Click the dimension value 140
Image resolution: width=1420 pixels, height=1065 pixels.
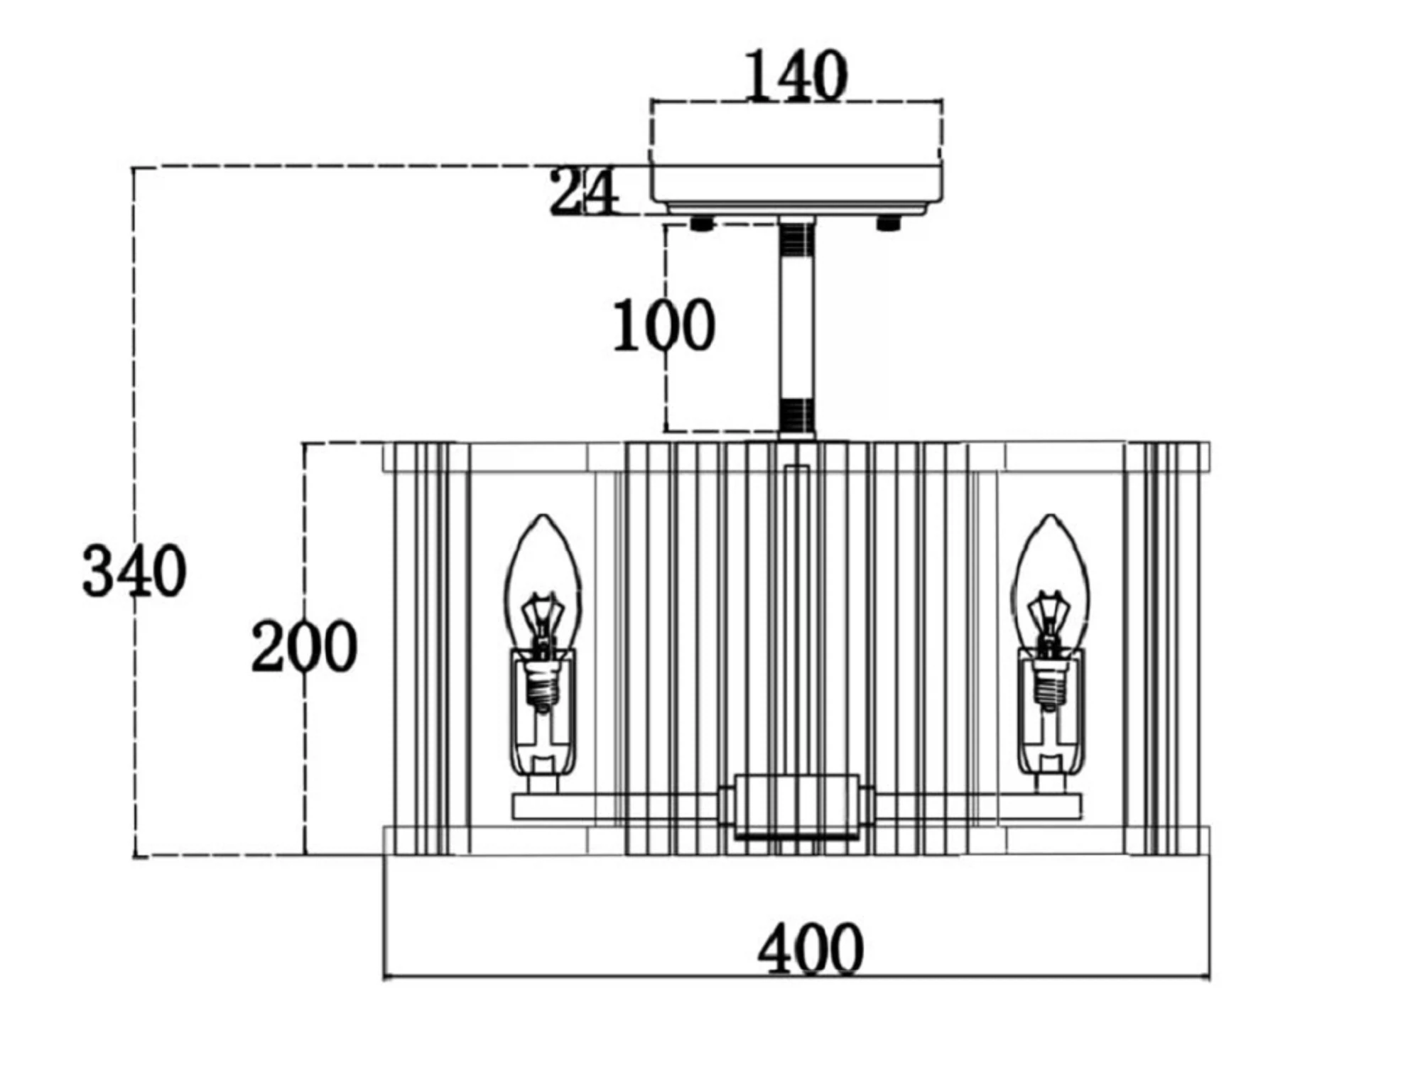coord(796,75)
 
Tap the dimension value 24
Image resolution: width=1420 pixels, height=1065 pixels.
coord(584,192)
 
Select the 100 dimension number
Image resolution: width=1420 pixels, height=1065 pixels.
coord(663,325)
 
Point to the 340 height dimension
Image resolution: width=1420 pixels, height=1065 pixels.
coord(134,571)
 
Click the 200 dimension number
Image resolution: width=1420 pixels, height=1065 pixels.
coord(304,646)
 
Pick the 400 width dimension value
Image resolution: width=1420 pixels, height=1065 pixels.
coord(811,949)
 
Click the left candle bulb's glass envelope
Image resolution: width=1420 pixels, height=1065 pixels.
coord(543,582)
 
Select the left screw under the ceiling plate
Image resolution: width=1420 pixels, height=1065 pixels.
coord(702,224)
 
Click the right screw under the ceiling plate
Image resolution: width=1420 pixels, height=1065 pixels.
coord(889,224)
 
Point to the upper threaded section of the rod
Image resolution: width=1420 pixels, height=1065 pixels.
coord(797,239)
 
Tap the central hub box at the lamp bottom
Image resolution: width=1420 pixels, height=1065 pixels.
coord(796,807)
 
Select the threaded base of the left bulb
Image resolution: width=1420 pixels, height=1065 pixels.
coord(543,685)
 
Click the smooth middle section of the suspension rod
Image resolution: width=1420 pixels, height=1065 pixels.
coord(797,327)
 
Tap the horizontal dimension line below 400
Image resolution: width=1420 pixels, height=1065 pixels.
coord(796,978)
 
